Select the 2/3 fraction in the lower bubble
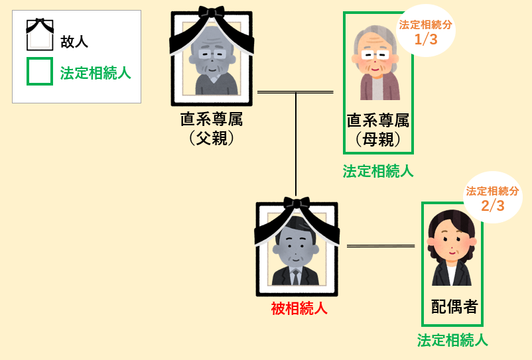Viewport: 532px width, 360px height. click(493, 206)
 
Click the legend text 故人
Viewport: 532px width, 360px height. click(74, 42)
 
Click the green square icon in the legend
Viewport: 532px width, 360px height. click(39, 72)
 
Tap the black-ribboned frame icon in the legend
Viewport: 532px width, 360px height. click(39, 35)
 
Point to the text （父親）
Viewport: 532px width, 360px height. click(212, 139)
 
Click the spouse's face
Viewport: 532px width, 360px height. click(452, 243)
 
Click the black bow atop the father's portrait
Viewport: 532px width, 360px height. click(212, 14)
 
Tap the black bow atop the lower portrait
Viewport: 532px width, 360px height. click(297, 204)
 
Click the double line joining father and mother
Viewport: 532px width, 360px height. click(295, 92)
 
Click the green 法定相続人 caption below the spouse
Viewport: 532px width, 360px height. click(452, 341)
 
